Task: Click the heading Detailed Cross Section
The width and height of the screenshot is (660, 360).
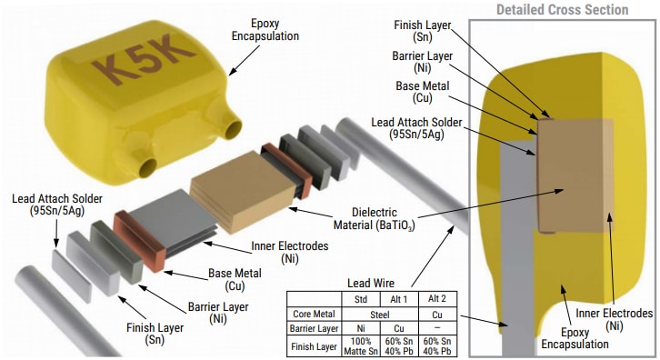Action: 561,9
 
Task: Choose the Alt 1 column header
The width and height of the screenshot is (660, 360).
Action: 397,299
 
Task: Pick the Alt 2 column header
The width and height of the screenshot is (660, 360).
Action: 438,299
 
